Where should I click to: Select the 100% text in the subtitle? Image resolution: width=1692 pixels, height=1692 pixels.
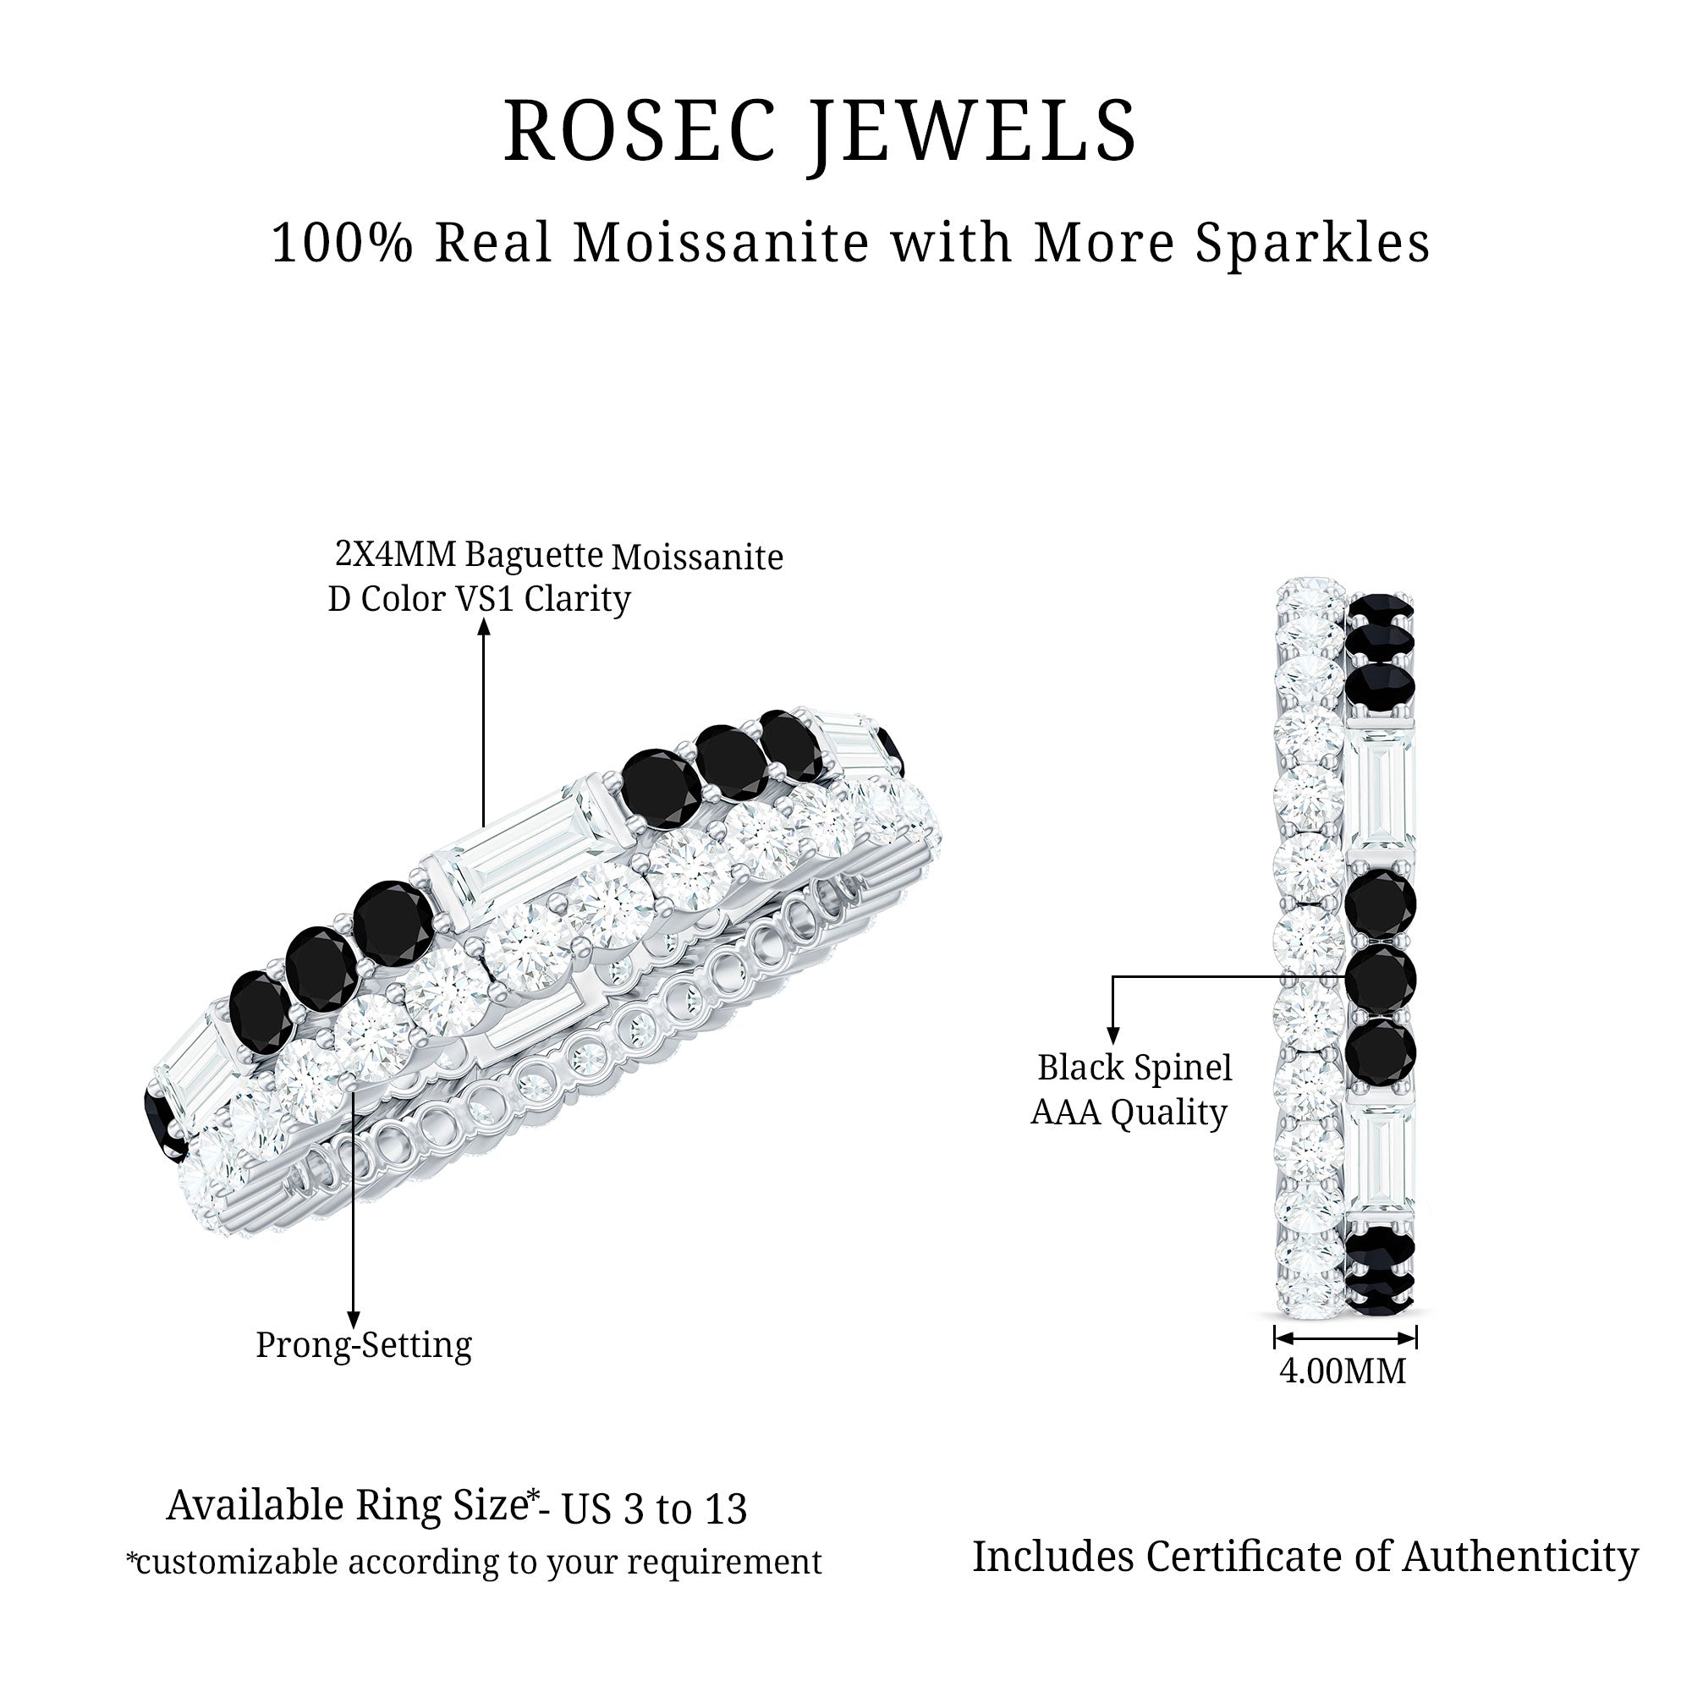point(341,243)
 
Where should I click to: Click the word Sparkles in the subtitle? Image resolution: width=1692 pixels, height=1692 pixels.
point(1313,244)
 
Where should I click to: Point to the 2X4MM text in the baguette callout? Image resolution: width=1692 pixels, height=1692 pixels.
point(396,554)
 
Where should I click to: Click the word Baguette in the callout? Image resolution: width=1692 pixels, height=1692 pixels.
point(533,556)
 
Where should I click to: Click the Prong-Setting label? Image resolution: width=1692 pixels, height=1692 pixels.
point(364,1344)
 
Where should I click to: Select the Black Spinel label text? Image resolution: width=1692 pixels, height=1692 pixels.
point(1134,1068)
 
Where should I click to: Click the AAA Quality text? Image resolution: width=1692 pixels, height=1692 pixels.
point(1128,1113)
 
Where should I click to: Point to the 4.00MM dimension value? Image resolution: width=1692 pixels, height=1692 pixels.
point(1343,1371)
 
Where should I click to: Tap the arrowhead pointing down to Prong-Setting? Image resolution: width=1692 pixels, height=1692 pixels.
point(353,1320)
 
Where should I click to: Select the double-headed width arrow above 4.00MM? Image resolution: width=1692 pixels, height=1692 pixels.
point(1345,1338)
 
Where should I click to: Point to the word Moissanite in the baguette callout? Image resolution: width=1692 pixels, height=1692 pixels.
point(697,557)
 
